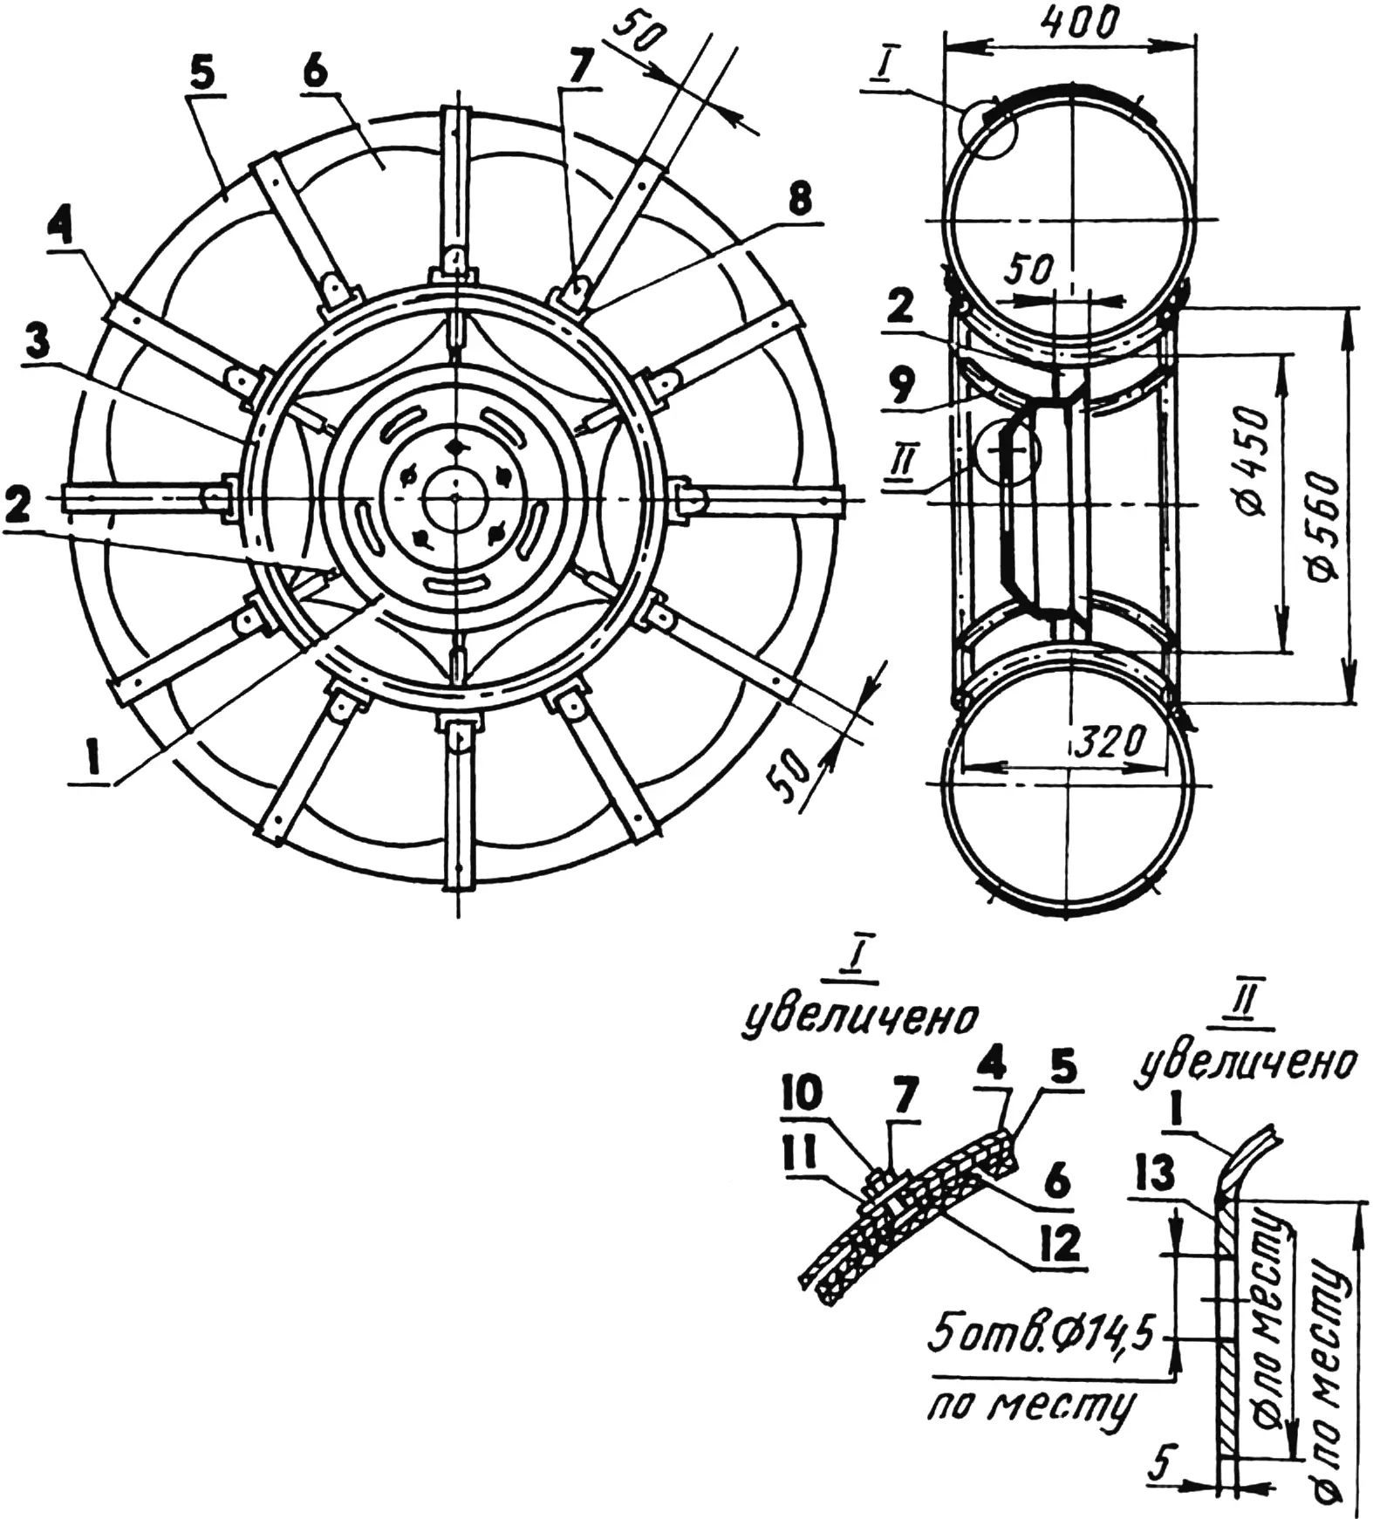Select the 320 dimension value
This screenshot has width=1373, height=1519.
coord(1107,742)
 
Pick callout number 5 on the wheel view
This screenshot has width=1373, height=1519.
coord(200,74)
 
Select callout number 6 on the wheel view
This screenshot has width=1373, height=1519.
coord(316,72)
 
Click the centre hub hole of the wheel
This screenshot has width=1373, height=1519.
coord(454,498)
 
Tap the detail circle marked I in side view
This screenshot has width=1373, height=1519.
coord(988,128)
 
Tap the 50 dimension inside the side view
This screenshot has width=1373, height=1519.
coord(1029,270)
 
